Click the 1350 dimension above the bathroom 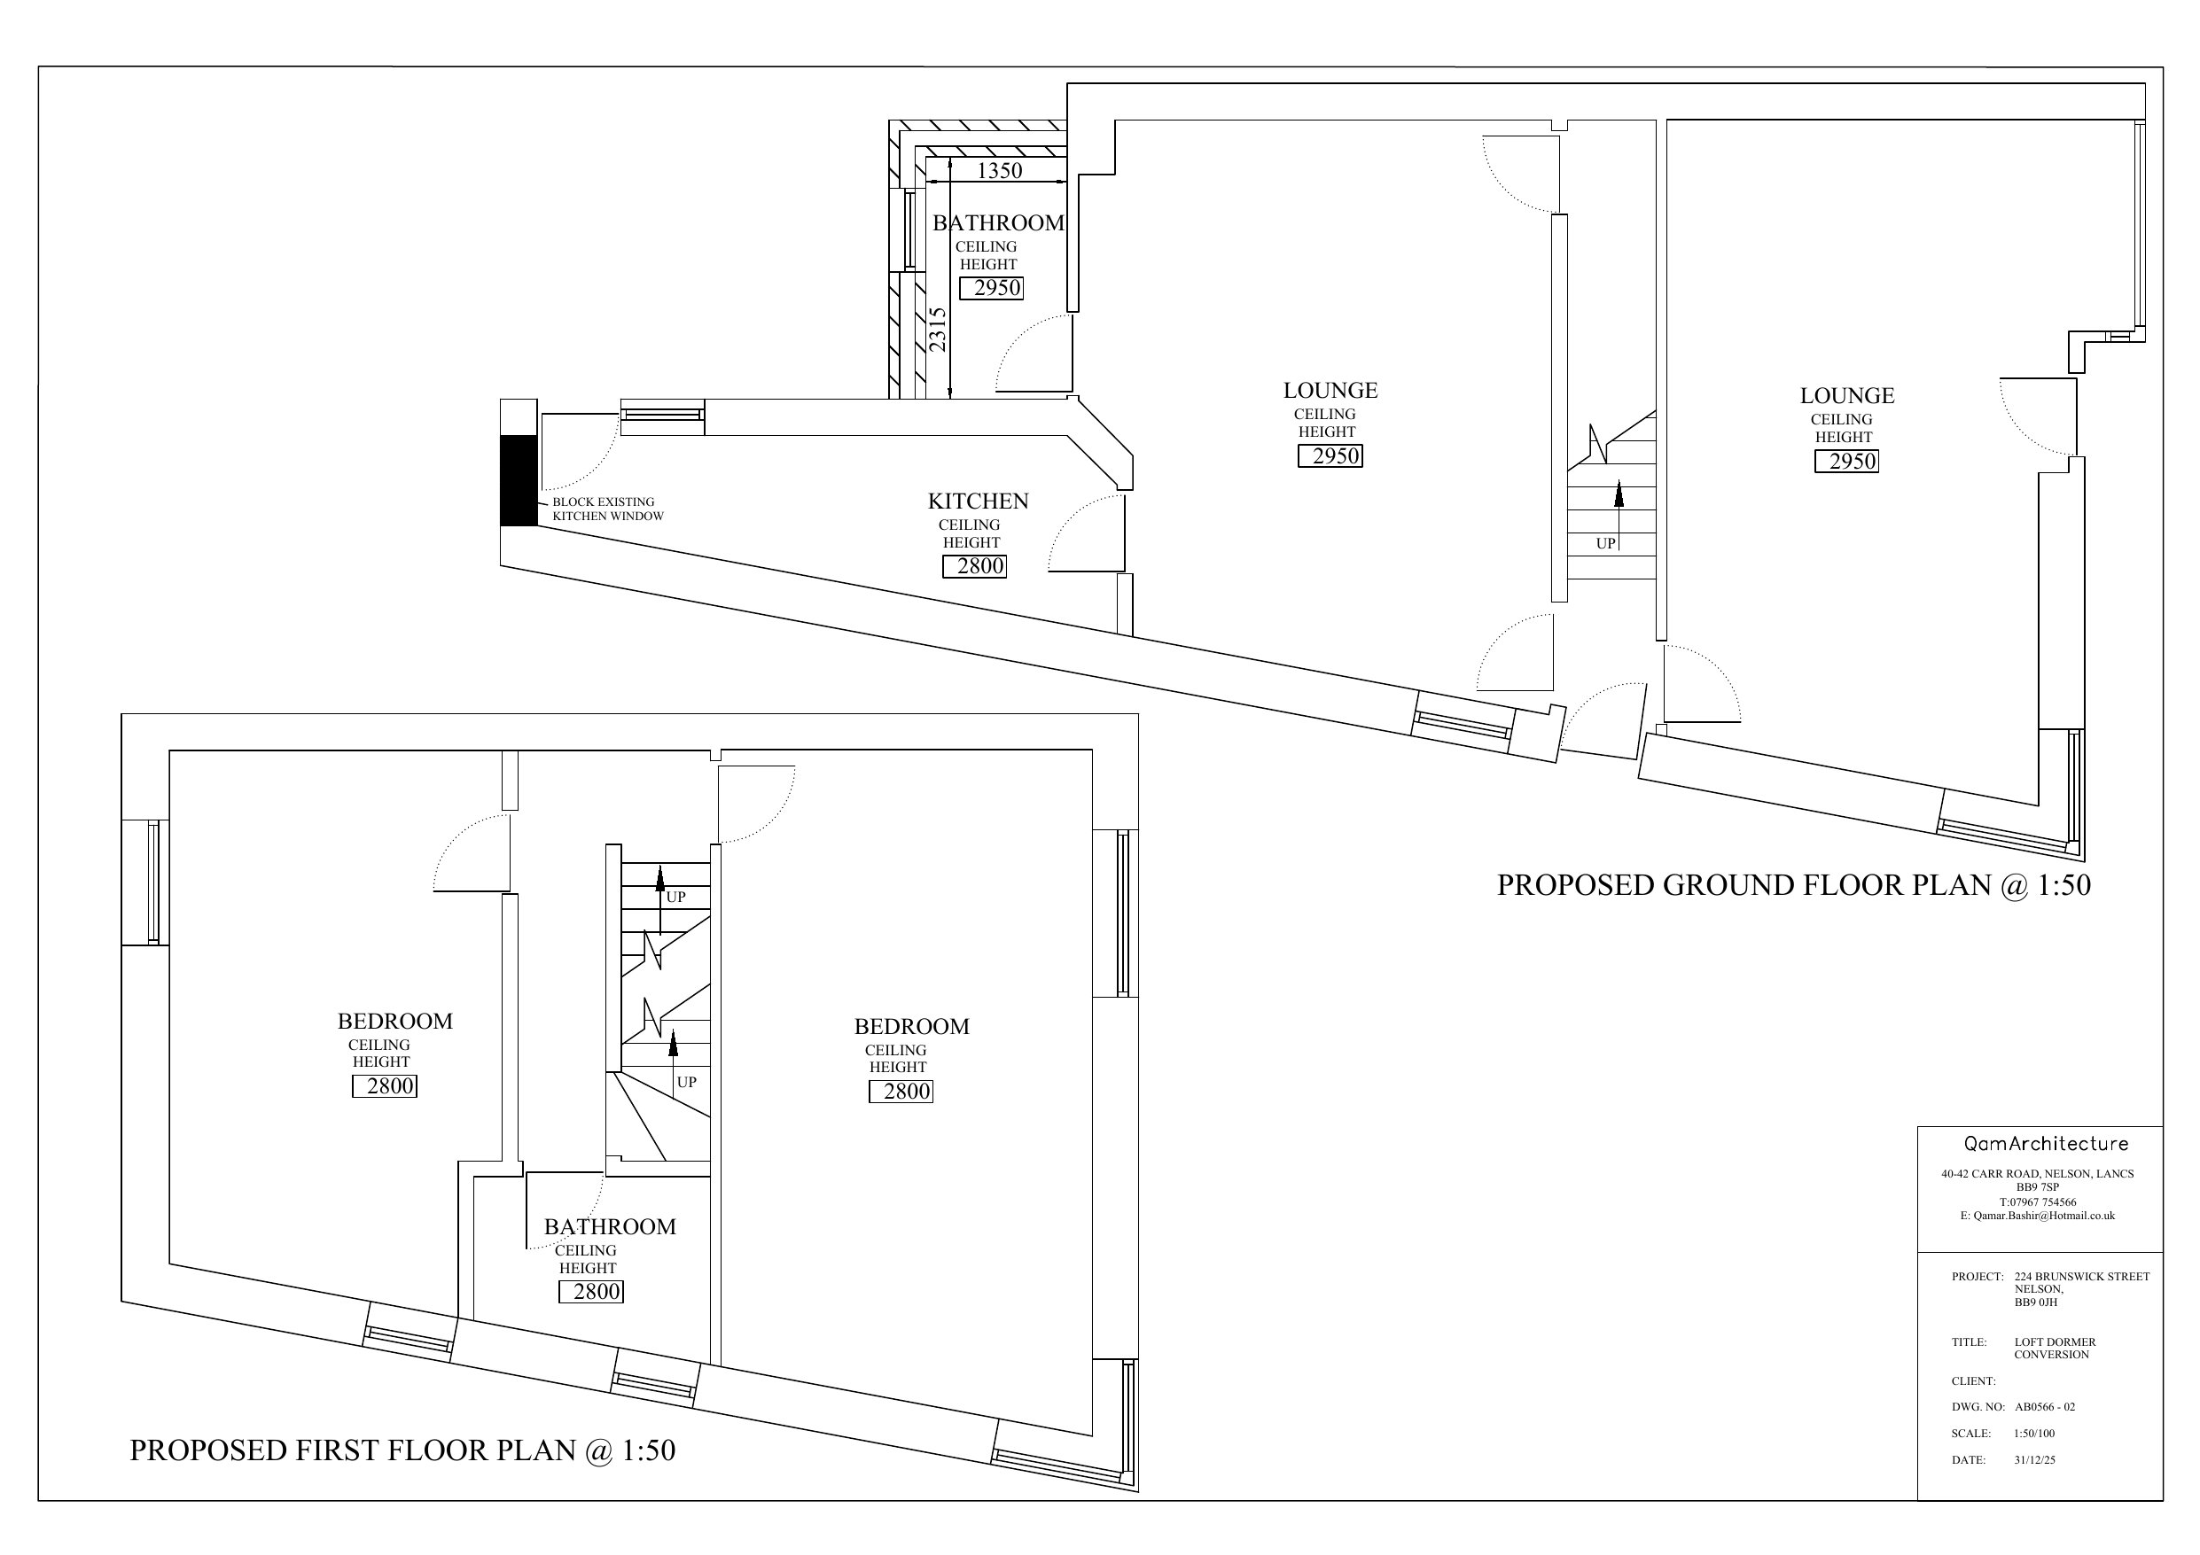(x=999, y=170)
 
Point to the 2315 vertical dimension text (x=938, y=329)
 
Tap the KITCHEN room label (x=978, y=501)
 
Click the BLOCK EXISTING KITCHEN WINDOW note (x=607, y=509)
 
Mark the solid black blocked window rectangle (x=519, y=480)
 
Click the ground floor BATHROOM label (x=998, y=223)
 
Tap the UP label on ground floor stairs (x=1606, y=543)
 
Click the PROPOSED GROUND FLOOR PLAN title (x=1794, y=884)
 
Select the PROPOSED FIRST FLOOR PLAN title (x=402, y=1450)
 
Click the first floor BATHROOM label (x=610, y=1226)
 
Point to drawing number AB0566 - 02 (x=2045, y=1407)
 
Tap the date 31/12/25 (x=2034, y=1460)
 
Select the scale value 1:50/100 (x=2034, y=1434)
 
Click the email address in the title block (x=2037, y=1216)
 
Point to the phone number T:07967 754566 (x=2038, y=1201)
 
